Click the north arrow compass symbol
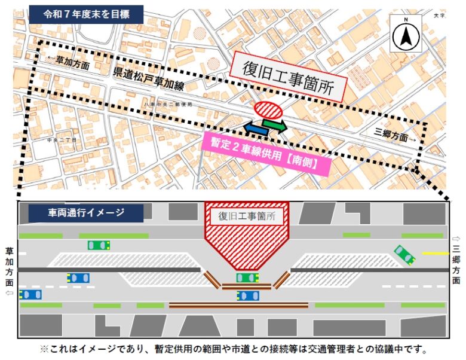405,33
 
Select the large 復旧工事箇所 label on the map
287,78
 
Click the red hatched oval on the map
268,110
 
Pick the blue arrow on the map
256,128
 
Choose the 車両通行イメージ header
86,212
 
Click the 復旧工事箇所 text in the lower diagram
246,216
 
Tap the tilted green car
404,254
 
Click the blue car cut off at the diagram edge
30,294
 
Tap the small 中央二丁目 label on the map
59,141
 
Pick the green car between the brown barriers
247,277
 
